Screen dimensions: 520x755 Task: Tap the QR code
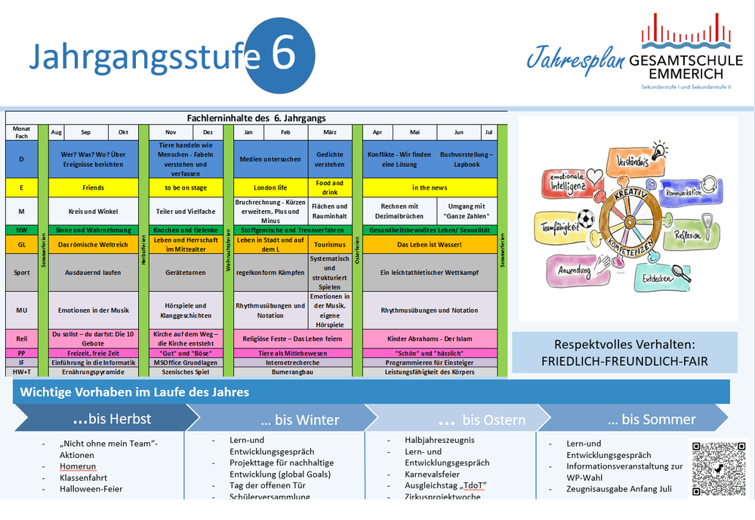[x=717, y=469]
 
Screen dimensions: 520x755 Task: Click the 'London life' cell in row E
[x=270, y=187]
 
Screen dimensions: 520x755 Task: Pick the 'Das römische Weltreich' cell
[x=92, y=244]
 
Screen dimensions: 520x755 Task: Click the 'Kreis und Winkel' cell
[x=92, y=211]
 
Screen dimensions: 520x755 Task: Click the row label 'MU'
[x=22, y=310]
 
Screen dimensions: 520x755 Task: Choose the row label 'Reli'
[x=22, y=339]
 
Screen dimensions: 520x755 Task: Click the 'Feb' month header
[x=285, y=132]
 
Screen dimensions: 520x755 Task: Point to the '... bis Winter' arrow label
[x=300, y=419]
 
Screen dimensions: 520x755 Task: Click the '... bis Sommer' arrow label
[x=652, y=419]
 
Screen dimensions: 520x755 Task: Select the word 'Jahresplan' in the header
[x=574, y=58]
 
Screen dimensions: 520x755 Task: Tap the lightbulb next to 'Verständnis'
[x=659, y=152]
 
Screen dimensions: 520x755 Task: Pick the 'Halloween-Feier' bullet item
[x=91, y=489]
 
